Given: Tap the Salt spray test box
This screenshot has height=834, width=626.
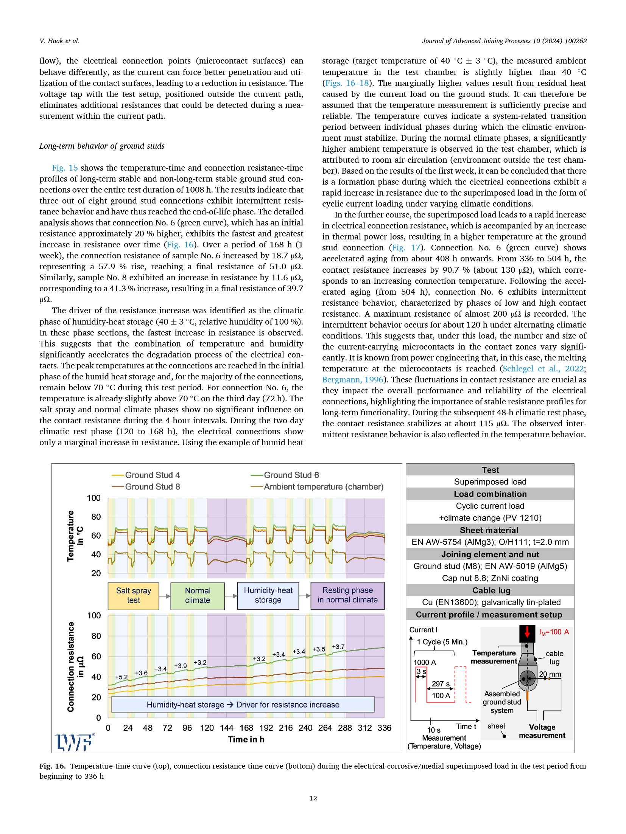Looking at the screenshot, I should (x=133, y=595).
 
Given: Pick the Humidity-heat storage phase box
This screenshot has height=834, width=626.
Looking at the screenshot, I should (x=268, y=595).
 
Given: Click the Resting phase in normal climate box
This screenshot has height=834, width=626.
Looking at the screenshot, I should (x=347, y=595).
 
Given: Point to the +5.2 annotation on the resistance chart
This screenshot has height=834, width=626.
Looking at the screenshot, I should (x=121, y=677).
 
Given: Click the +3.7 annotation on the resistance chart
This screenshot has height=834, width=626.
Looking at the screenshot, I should (x=338, y=647).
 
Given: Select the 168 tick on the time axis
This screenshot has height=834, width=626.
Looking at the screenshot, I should (x=246, y=728).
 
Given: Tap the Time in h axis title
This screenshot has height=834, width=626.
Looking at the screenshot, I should (x=246, y=739).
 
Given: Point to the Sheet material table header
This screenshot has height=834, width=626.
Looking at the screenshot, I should (x=489, y=530).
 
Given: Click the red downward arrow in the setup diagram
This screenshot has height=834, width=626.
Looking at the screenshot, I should (x=527, y=632).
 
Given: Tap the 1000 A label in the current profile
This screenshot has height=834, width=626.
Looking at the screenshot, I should (x=424, y=662).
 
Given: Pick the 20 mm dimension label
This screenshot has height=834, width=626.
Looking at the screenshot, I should (x=550, y=674).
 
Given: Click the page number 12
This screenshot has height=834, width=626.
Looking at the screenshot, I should (x=313, y=798).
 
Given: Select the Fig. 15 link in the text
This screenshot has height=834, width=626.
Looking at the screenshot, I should (x=65, y=168).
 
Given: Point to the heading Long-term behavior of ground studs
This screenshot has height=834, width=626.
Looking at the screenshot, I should (x=102, y=146).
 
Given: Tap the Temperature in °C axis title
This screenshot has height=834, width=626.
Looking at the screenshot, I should (x=75, y=536).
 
